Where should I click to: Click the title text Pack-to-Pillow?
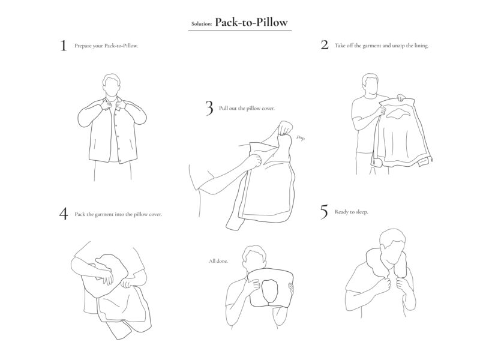(253, 22)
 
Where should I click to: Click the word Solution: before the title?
(202, 24)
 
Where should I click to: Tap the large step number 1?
(63, 46)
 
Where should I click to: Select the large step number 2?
(324, 45)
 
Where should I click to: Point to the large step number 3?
(209, 108)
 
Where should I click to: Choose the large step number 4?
(63, 214)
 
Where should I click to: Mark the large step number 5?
(324, 212)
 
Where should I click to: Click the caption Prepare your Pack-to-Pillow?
(106, 46)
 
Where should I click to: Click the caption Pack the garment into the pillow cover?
(118, 214)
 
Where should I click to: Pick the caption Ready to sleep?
(352, 212)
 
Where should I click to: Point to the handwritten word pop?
(300, 138)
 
